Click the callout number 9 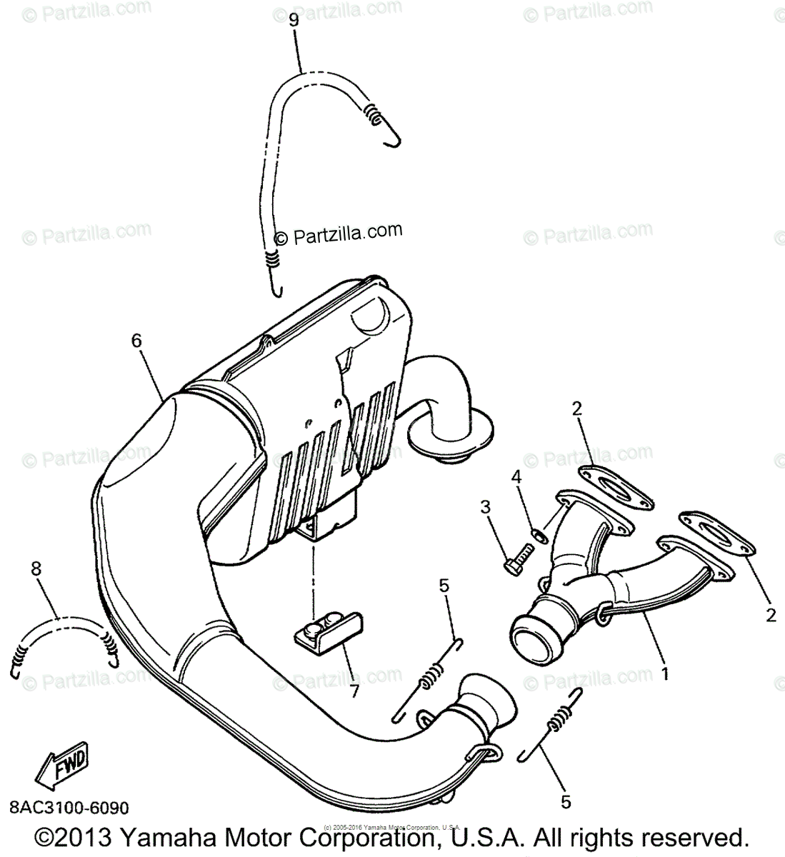tap(294, 20)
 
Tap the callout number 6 tap(136, 341)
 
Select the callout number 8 tap(36, 569)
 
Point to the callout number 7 tap(354, 691)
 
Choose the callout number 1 tap(665, 673)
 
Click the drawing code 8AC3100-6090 tap(69, 808)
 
